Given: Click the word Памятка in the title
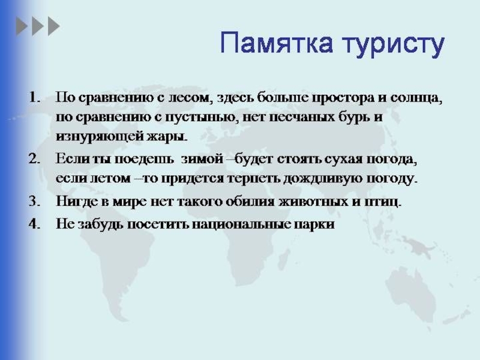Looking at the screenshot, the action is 277,43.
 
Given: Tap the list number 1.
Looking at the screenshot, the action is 35,98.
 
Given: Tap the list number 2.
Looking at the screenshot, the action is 35,159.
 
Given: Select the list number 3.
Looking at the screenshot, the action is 35,201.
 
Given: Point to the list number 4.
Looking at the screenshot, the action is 35,224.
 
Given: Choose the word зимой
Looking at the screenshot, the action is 202,159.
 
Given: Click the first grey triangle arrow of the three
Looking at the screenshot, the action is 22,26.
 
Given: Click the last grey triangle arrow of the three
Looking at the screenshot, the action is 54,26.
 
